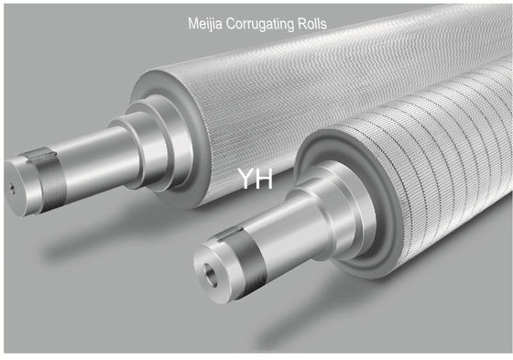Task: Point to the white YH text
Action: click(255, 178)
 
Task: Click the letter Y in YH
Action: click(246, 178)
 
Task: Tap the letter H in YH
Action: click(264, 178)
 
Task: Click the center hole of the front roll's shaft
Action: click(212, 272)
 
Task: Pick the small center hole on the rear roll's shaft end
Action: click(12, 187)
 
